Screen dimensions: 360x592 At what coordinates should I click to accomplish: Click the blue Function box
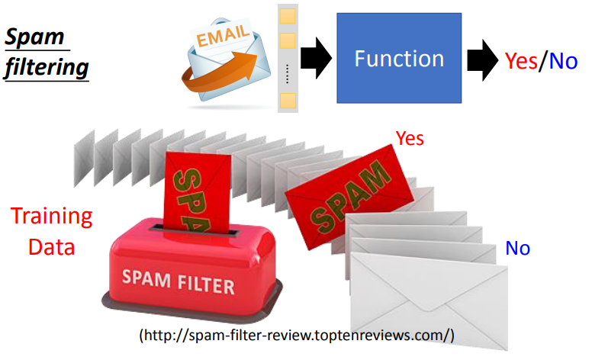[399, 59]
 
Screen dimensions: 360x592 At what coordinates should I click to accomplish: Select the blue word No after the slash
[563, 60]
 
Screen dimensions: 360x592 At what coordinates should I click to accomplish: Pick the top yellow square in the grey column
[287, 15]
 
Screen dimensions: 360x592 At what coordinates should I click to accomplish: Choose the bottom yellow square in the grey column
[287, 100]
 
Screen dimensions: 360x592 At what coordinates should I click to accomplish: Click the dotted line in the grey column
[287, 72]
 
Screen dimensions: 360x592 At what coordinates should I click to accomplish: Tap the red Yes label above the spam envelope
[410, 139]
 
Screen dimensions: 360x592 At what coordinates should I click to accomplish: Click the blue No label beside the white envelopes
[517, 248]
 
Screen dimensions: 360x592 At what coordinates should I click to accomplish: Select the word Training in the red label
[51, 217]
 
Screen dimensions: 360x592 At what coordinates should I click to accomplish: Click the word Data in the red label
[51, 247]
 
